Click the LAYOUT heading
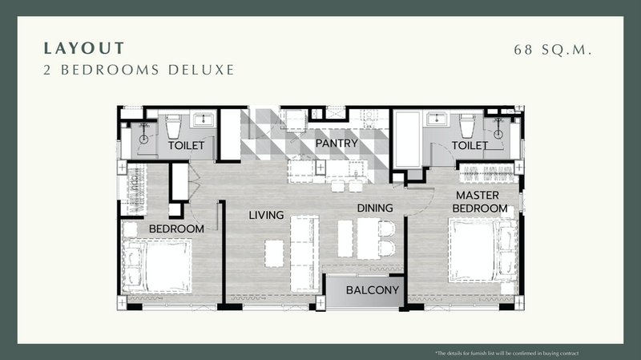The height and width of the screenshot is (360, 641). point(84,48)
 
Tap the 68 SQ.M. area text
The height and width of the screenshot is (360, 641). point(553,50)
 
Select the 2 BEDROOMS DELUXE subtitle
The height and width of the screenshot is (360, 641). point(139,70)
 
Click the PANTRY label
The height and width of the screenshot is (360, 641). point(337,144)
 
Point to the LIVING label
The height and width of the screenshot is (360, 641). point(266,215)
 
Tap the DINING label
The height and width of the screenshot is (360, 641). point(375,208)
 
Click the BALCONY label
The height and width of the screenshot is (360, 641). point(373,290)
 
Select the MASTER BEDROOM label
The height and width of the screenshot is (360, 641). point(479,202)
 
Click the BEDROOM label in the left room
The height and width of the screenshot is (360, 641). point(176,229)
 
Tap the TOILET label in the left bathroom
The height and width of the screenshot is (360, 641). point(186,145)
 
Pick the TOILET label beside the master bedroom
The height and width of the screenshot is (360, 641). point(470,145)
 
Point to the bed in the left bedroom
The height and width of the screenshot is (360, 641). point(156,266)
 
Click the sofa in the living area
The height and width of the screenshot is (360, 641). point(304,253)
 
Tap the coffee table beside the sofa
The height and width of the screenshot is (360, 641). point(274,253)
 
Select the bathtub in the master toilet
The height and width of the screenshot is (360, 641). point(407,139)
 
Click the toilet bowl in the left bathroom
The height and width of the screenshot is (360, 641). point(173,126)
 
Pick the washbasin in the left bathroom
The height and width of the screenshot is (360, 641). point(204,119)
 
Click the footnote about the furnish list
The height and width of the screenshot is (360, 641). point(507,353)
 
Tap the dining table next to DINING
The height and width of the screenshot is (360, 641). point(368,238)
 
